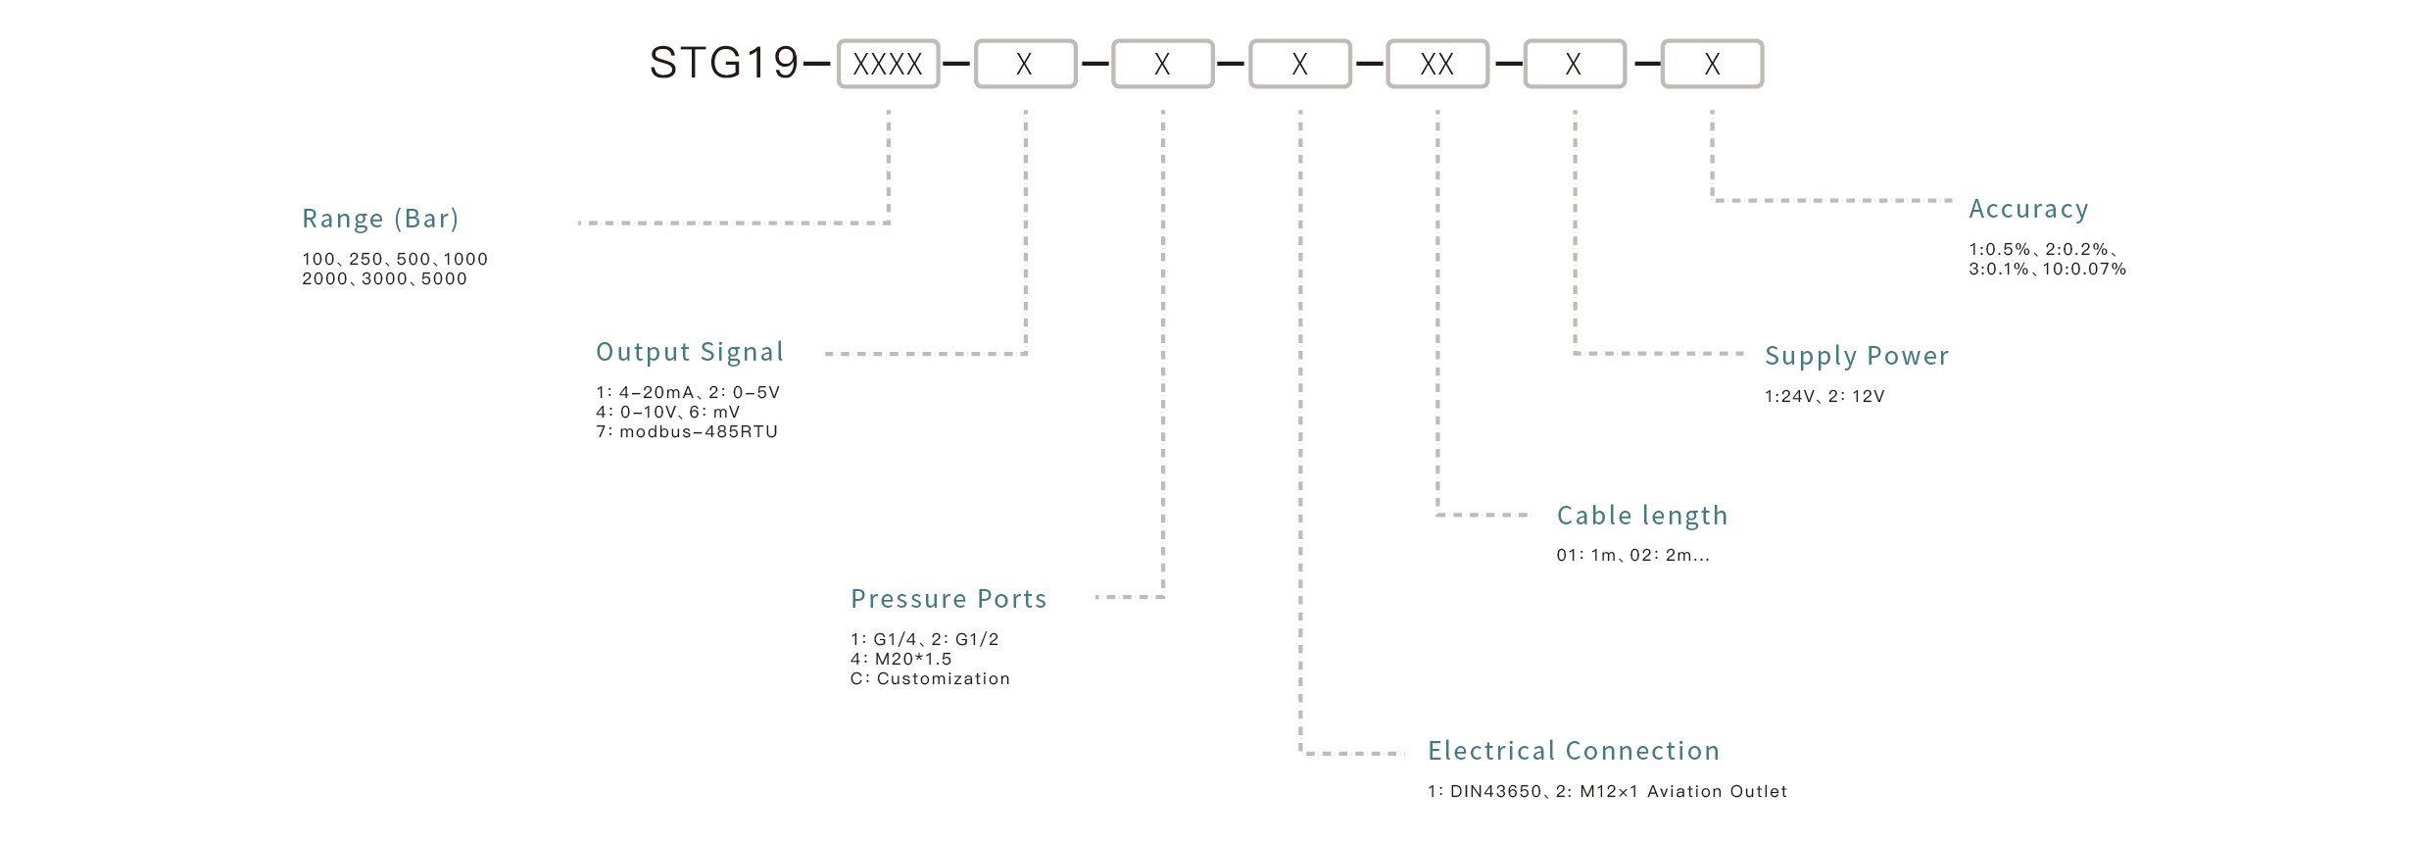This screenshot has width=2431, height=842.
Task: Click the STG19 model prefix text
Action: coord(724,64)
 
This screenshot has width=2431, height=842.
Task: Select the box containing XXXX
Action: coord(888,64)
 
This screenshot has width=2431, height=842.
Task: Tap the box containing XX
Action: coord(1436,64)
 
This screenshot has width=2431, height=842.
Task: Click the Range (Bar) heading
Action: coord(380,218)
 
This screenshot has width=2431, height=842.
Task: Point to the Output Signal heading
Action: coord(690,352)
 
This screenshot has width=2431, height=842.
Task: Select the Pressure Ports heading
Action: coord(948,599)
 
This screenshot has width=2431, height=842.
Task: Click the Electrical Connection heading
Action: coord(1573,751)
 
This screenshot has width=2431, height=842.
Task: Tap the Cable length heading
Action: coord(1641,516)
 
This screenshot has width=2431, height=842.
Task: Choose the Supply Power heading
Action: coord(1856,356)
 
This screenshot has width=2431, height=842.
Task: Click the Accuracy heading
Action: coord(2028,209)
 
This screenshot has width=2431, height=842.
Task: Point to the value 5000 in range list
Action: coord(444,279)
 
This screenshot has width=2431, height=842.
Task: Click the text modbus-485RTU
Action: coord(698,432)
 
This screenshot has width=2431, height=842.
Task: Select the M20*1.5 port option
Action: coord(912,660)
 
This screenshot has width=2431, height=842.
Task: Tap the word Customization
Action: coord(943,679)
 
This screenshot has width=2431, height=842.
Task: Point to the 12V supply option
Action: coord(1868,397)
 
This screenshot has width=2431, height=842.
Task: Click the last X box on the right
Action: coord(1711,64)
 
